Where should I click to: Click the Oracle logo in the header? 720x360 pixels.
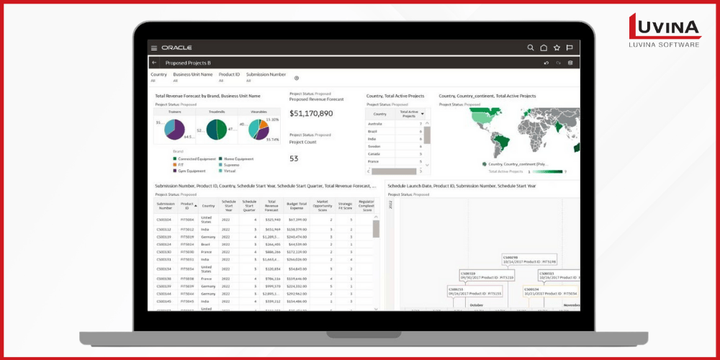pyautogui.click(x=176, y=48)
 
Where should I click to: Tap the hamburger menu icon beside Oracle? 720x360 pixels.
pyautogui.click(x=154, y=48)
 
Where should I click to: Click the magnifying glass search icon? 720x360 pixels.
pyautogui.click(x=531, y=48)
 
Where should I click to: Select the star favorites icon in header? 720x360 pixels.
pyautogui.click(x=557, y=48)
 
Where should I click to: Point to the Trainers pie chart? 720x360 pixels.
pyautogui.click(x=174, y=130)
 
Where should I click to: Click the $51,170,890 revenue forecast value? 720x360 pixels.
pyautogui.click(x=311, y=113)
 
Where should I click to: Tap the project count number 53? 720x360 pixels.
pyautogui.click(x=294, y=158)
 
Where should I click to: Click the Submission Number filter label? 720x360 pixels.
pyautogui.click(x=266, y=74)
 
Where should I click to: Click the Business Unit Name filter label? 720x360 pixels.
pyautogui.click(x=192, y=74)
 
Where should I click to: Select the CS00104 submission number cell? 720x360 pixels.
pyautogui.click(x=164, y=219)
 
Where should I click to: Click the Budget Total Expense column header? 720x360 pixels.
pyautogui.click(x=297, y=206)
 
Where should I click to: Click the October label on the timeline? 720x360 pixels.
pyautogui.click(x=477, y=305)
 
